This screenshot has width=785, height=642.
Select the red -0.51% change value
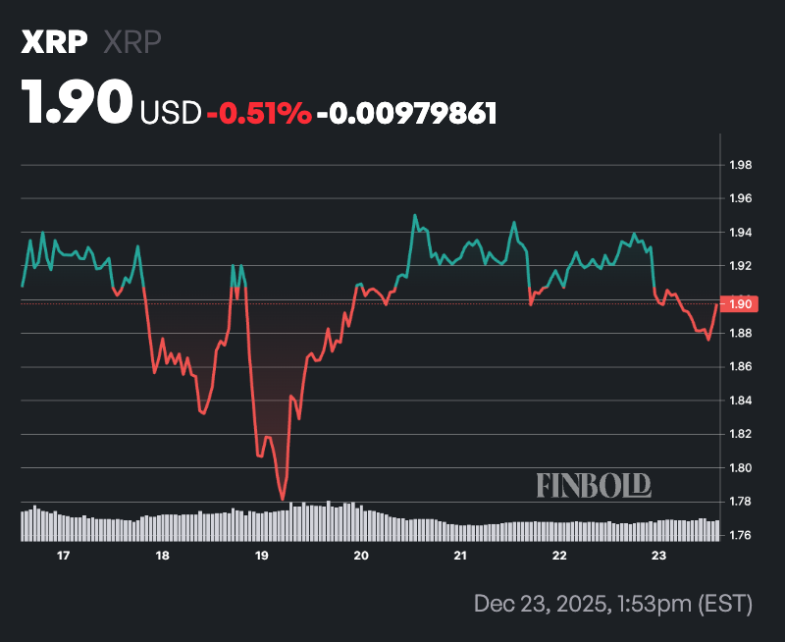[259, 113]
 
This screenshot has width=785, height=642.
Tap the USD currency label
[171, 113]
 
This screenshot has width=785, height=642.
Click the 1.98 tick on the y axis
[740, 165]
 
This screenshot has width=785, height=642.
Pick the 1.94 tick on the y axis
[740, 233]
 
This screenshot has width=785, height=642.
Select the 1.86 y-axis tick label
[740, 367]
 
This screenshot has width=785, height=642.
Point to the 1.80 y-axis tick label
[740, 468]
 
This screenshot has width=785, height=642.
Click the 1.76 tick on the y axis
[740, 535]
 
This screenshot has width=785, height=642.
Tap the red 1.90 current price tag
[738, 304]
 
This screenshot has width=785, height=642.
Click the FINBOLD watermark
[594, 485]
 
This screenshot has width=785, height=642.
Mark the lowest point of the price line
[283, 500]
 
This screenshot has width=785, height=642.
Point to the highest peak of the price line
[415, 215]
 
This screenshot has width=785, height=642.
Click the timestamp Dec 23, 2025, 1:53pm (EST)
[611, 602]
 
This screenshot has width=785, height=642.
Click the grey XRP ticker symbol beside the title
[132, 42]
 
